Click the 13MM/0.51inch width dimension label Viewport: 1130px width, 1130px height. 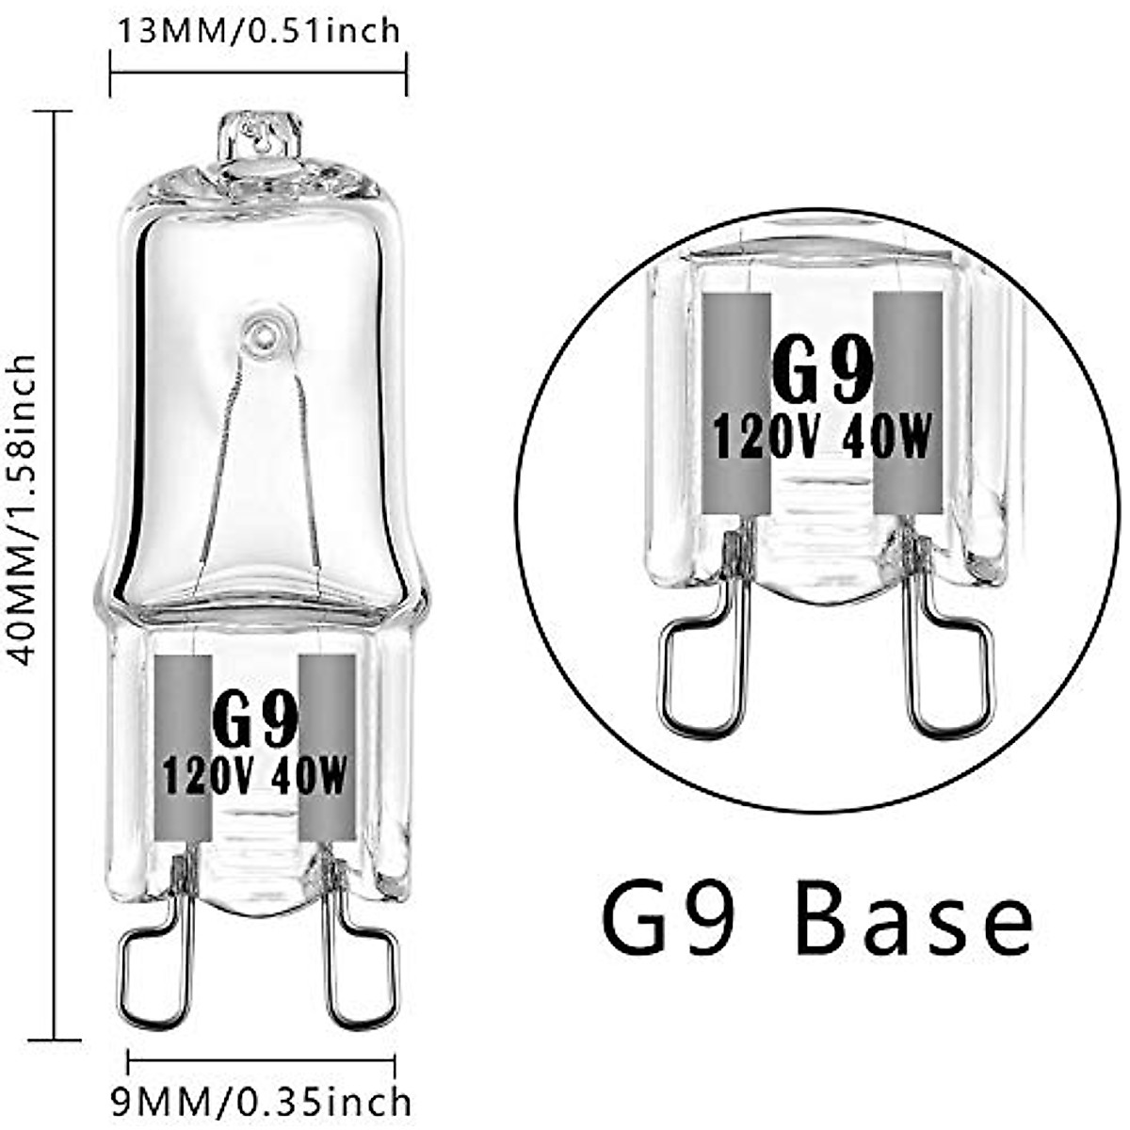258,30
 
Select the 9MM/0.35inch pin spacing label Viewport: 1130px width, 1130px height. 262,1101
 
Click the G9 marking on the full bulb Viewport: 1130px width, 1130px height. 255,721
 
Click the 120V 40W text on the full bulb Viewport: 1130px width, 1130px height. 255,777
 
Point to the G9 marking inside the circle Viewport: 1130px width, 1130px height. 822,371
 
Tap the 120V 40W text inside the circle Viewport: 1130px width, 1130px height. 822,438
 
